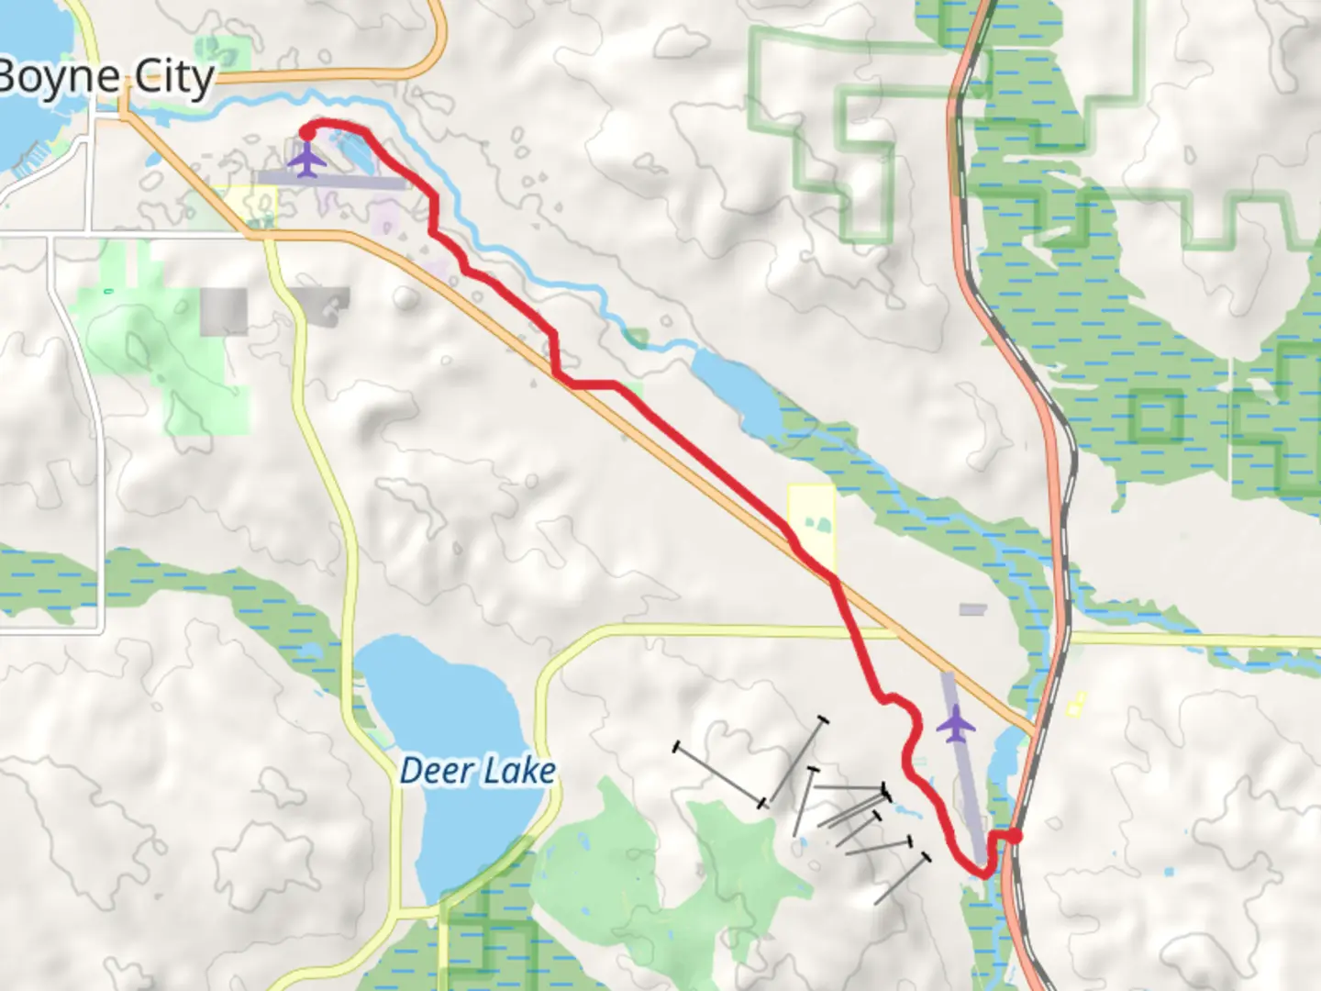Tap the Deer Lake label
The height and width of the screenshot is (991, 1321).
click(x=477, y=771)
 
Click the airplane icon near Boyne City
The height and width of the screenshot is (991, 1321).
click(x=306, y=161)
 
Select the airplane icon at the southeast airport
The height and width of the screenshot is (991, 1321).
click(x=956, y=725)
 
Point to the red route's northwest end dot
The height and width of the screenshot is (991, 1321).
click(x=306, y=133)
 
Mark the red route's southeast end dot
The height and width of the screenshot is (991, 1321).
click(x=1015, y=835)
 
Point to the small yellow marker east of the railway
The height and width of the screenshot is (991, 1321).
click(x=1075, y=704)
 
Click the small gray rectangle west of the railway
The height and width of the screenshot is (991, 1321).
click(x=971, y=609)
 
